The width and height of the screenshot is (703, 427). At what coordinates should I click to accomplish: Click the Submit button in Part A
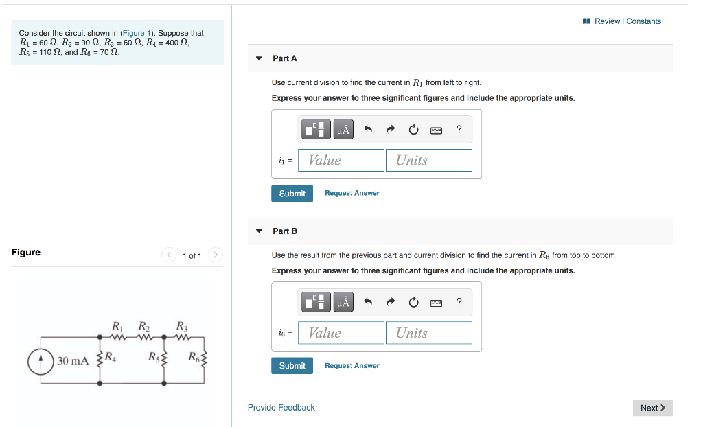292,194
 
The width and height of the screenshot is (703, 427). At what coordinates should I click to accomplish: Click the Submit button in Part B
292,366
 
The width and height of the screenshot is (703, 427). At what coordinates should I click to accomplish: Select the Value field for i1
341,160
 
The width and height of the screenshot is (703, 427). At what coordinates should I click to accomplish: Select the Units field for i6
428,333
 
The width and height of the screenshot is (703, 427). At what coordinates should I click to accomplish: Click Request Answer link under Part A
351,194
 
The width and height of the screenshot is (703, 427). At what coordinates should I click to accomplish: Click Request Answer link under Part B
351,366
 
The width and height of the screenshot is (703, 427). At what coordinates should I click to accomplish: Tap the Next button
652,408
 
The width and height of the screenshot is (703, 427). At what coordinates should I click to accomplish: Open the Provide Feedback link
281,408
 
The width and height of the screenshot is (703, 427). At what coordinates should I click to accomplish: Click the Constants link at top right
643,21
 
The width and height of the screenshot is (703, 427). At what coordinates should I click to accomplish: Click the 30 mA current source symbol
41,360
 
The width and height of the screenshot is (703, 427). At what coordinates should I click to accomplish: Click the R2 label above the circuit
143,326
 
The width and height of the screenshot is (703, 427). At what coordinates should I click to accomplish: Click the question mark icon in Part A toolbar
459,129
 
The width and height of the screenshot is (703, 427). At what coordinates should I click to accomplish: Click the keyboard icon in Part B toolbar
436,302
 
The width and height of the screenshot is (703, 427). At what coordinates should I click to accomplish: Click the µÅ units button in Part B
344,302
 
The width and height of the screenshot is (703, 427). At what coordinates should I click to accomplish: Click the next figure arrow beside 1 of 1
216,255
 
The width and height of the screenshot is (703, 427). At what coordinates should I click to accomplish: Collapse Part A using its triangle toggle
259,58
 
